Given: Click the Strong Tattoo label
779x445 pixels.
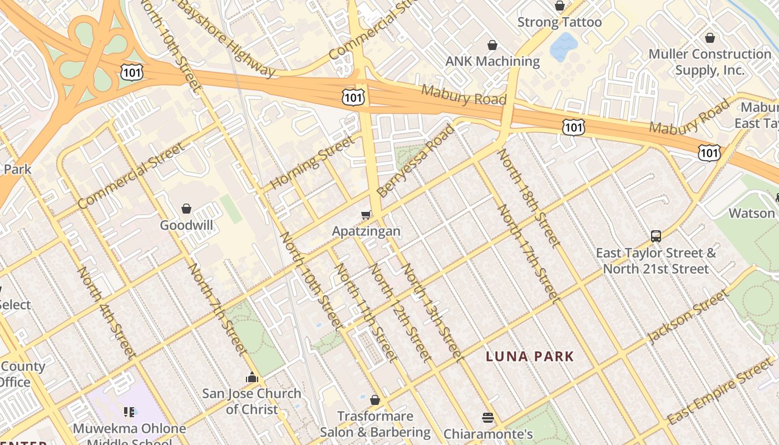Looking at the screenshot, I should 559,22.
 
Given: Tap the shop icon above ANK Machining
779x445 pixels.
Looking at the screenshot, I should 492,44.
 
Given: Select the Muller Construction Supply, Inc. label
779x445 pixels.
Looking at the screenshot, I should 709,62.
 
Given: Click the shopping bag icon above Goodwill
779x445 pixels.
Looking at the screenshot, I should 186,209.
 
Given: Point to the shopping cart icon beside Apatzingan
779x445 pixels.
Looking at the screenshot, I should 366,215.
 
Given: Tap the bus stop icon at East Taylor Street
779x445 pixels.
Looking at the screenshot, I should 656,236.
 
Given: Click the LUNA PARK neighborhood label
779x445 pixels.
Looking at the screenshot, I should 530,356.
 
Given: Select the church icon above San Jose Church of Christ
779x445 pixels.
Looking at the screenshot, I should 252,377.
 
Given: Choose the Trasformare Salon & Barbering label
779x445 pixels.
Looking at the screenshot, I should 375,424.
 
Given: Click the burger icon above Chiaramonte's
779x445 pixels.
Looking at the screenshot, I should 488,417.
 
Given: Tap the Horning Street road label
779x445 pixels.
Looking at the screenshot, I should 312,162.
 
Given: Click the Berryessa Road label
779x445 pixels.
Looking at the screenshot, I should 415,161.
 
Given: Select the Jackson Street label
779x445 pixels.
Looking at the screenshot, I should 688,317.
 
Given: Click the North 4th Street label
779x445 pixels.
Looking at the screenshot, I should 106,312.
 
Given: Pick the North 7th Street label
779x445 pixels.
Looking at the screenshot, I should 217,309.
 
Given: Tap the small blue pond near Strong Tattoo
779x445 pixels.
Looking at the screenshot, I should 564,47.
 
